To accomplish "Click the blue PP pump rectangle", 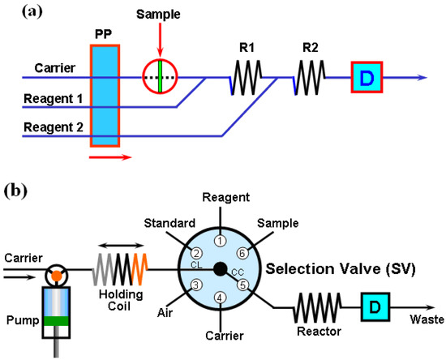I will point(105,96).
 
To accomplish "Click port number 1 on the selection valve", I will point(218,240).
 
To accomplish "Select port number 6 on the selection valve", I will point(242,253).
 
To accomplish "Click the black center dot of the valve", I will point(219,268).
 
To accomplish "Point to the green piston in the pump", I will point(56,319).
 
